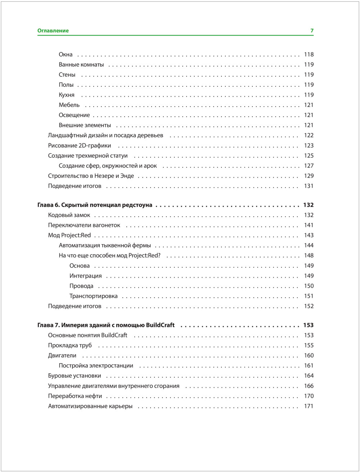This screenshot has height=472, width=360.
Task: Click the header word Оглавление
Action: [x=53, y=31]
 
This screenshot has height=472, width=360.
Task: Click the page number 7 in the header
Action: [x=312, y=31]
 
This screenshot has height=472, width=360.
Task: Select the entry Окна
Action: [x=66, y=55]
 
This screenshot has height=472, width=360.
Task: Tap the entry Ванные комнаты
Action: [x=81, y=65]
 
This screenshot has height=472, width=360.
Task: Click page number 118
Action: [x=309, y=55]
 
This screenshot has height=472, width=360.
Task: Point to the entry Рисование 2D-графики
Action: [x=80, y=146]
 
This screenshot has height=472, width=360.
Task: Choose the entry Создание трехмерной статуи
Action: [x=88, y=156]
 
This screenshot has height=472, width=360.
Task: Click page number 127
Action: [x=309, y=166]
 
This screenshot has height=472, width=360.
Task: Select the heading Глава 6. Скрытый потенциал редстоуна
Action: [x=95, y=205]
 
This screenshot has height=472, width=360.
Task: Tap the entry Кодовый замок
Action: [x=69, y=215]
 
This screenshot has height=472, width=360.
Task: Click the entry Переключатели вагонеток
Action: [x=84, y=225]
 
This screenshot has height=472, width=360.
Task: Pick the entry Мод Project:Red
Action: [x=69, y=235]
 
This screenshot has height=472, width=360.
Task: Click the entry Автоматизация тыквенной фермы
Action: [x=105, y=246]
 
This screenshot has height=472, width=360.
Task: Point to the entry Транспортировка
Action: [x=94, y=296]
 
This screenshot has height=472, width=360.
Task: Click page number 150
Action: [x=309, y=286]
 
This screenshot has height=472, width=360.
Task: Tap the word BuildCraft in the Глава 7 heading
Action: [x=160, y=325]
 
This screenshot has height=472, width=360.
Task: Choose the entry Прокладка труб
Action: [x=70, y=346]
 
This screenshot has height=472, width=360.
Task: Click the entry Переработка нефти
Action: [x=75, y=396]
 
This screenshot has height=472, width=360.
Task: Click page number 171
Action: [x=309, y=406]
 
